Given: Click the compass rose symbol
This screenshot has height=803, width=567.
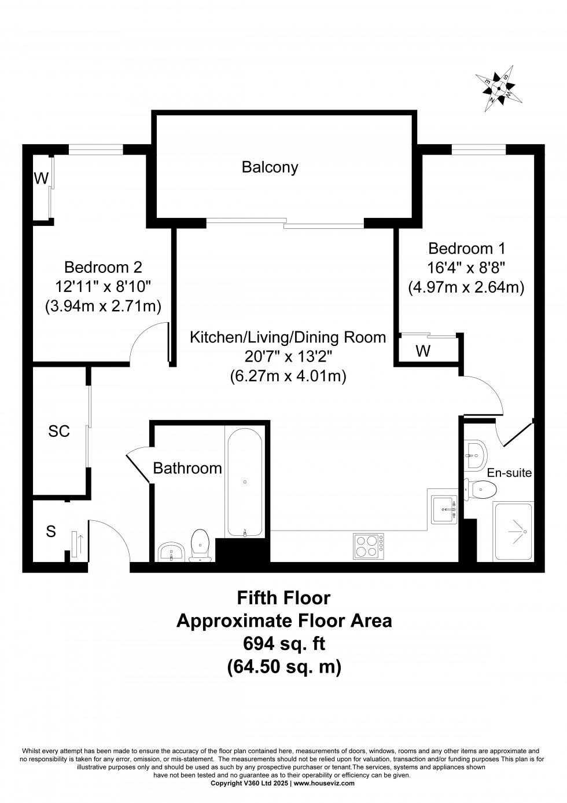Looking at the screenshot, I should [498, 89].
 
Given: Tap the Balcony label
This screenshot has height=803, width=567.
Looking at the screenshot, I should [270, 167].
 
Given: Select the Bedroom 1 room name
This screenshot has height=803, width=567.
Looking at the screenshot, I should [466, 249].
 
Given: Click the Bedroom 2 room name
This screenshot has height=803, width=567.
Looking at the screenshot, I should [103, 267].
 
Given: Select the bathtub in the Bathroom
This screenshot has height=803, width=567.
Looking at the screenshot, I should [245, 481].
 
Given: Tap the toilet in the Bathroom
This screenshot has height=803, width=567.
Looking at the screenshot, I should [200, 544].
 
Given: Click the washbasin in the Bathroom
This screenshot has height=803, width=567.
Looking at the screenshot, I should [172, 552].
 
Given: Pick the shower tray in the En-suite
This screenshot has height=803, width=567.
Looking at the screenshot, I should [513, 531].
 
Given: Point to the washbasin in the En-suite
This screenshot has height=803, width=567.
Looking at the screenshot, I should [475, 455].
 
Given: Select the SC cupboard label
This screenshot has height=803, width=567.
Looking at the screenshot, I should [59, 431].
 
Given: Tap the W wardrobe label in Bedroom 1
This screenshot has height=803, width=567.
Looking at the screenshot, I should [423, 352].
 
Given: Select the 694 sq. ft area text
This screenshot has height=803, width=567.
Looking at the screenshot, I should [283, 644].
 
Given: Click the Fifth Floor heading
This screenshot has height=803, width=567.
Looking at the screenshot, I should [283, 597].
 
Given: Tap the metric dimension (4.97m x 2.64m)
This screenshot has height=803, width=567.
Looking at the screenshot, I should [466, 287].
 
